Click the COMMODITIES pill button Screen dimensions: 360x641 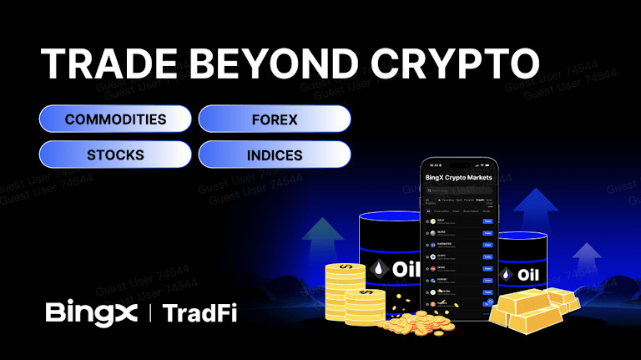[x=115, y=119]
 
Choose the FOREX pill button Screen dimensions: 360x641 [x=275, y=119]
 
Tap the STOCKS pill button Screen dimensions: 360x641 [x=115, y=155]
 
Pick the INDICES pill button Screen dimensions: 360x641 [x=275, y=155]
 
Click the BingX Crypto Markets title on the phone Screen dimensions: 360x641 [x=458, y=178]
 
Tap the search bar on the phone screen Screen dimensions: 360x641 [x=458, y=191]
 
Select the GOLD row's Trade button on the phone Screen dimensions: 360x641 [x=487, y=221]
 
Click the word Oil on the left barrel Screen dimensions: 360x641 [x=406, y=269]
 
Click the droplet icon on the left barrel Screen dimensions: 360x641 [x=380, y=269]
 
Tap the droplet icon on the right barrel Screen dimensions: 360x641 [x=507, y=275]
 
